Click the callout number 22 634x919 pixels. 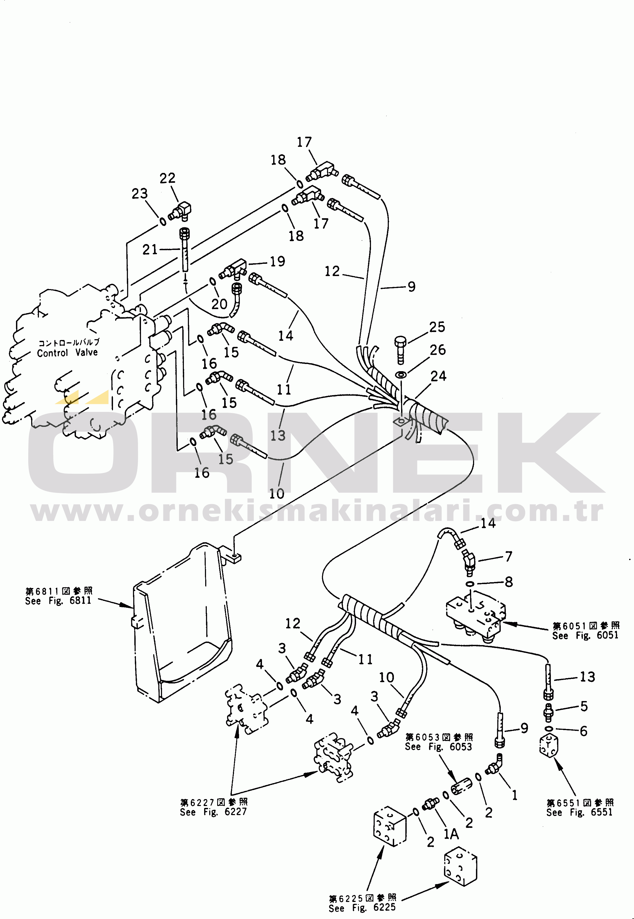pos(167,178)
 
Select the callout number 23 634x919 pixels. pos(139,194)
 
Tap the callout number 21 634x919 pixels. pos(150,250)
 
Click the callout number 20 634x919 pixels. pos(219,304)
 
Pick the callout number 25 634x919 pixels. pos(437,327)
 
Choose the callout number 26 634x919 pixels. pos(438,350)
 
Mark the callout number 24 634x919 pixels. pos(439,376)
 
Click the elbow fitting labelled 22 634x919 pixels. pos(181,211)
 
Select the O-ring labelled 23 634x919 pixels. pos(163,221)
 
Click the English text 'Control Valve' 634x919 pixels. pos(67,353)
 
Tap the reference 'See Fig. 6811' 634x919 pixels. pos(58,601)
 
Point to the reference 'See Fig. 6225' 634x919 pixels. pos(362,908)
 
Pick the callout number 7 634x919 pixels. pos(508,557)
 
